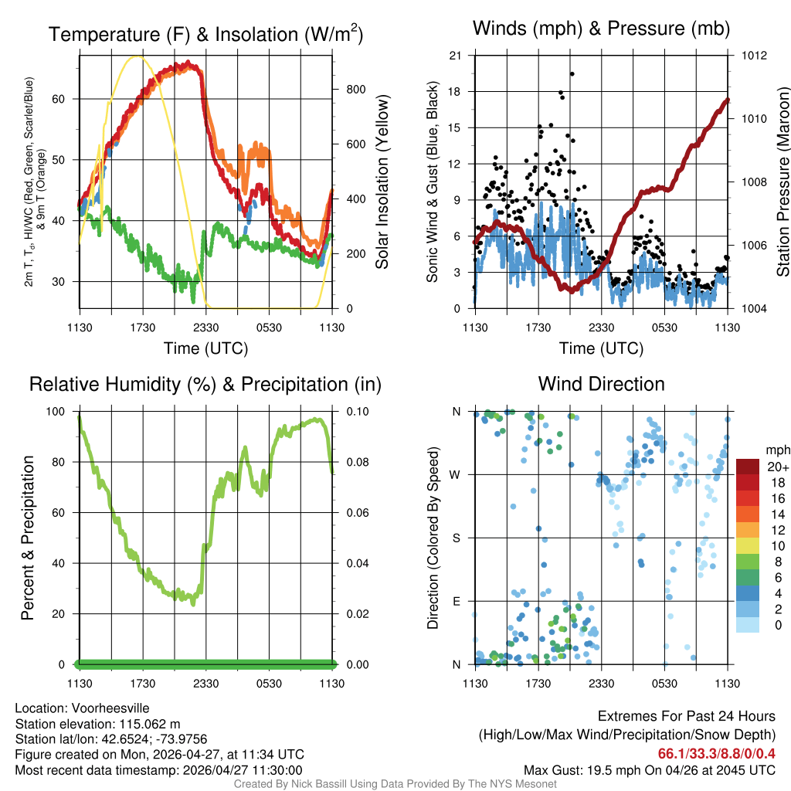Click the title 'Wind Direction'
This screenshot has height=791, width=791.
tap(601, 384)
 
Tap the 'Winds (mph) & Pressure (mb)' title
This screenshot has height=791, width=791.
tap(601, 29)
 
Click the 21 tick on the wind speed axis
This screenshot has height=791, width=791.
tap(456, 56)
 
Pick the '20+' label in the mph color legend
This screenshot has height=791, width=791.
tap(776, 467)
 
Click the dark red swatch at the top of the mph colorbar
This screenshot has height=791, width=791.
tap(748, 467)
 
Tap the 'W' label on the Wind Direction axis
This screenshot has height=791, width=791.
tap(457, 474)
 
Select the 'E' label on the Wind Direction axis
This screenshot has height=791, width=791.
tap(457, 601)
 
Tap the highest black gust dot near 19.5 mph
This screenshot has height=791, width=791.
tap(572, 74)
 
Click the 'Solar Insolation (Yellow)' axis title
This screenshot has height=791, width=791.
tap(382, 182)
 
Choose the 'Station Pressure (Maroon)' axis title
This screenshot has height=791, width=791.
tap(783, 182)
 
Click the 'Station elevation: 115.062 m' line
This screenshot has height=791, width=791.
tap(97, 724)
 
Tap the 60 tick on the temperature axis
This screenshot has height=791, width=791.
tap(59, 99)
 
